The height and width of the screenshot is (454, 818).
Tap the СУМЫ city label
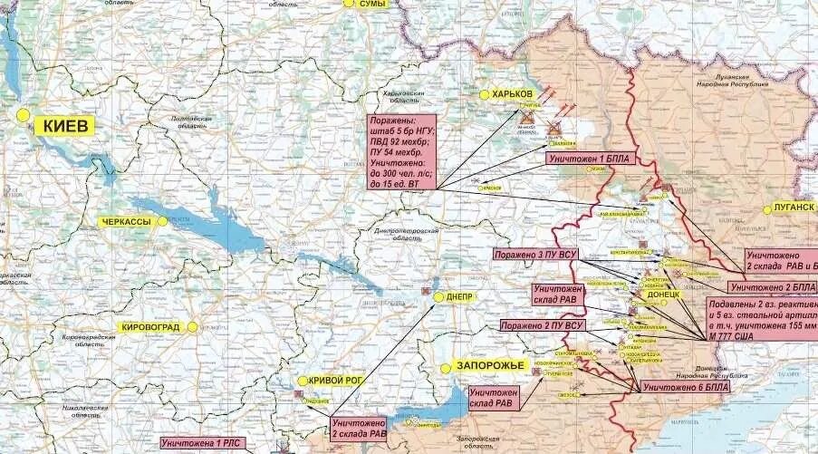coord(371,5)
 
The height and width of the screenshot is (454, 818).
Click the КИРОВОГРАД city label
coord(151,326)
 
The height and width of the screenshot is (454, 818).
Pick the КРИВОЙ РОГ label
coord(335,381)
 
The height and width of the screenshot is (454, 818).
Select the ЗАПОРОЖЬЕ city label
coord(490,365)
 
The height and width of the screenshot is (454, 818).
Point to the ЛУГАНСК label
coord(794,208)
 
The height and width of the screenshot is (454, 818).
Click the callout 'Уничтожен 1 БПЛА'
coord(588,159)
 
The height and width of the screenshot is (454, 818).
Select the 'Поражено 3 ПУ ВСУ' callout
coord(534,255)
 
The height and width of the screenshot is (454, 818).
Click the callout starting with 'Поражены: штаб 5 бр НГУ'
coord(402,152)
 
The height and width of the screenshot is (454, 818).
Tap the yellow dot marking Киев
coord(22,115)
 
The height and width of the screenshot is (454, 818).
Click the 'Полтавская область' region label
coord(191,123)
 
